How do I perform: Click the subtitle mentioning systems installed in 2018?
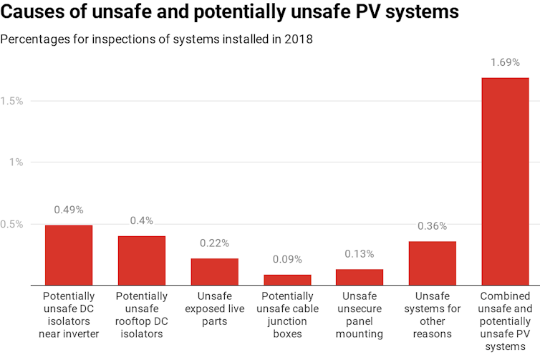tap(156, 39)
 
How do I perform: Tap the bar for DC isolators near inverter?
tap(69, 255)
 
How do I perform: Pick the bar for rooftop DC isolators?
tap(142, 261)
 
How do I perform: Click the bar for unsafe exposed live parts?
tap(214, 271)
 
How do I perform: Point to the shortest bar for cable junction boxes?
tap(287, 280)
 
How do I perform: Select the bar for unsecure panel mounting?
tap(360, 277)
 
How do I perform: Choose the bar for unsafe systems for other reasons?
tap(433, 263)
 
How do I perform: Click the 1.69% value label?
tap(505, 63)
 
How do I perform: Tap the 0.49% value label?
tap(69, 210)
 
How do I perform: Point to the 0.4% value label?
tap(142, 221)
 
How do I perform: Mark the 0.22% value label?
tap(214, 243)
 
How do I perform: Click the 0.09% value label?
tap(287, 260)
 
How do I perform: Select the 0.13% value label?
tap(360, 255)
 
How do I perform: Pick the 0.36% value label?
tap(433, 226)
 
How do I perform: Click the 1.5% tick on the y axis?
tap(12, 102)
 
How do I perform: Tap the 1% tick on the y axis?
tap(16, 162)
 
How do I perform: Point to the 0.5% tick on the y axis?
tap(12, 224)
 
